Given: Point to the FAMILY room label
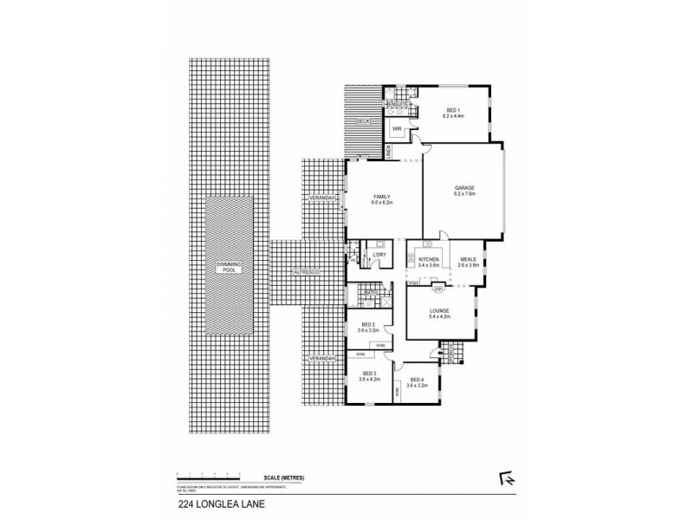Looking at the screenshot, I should [383, 198].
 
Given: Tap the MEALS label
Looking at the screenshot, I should [468, 260].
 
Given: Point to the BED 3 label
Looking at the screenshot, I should [370, 375].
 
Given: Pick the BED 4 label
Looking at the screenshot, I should [416, 380].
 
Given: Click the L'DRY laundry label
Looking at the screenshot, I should [379, 254].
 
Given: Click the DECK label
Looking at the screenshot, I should [365, 121].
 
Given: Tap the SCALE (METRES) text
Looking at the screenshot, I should [285, 478].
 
